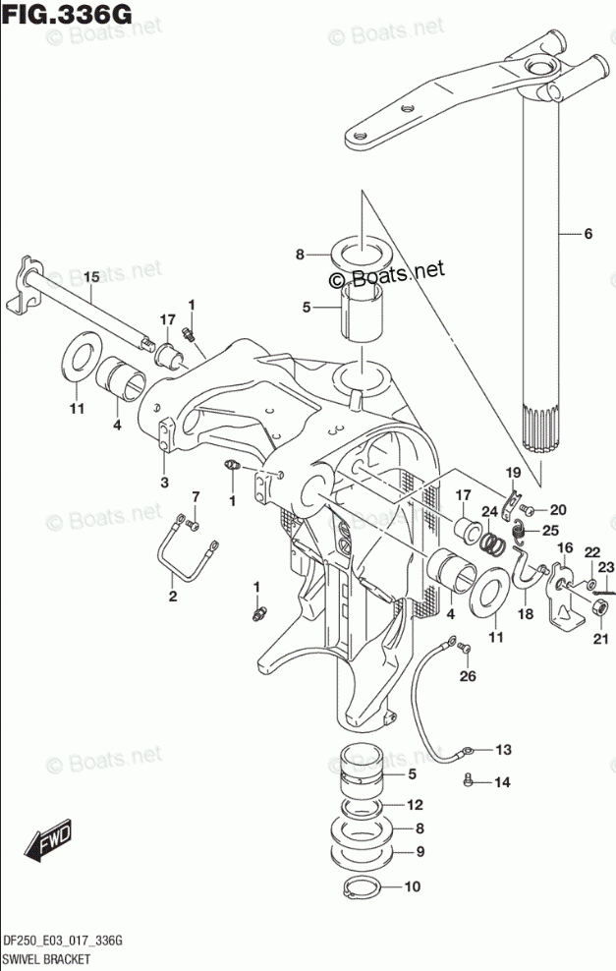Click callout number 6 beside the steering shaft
588,234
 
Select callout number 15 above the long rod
90,278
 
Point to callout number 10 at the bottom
412,886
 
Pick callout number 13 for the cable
503,751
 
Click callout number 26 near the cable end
467,675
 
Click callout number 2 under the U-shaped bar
172,597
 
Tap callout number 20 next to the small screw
558,509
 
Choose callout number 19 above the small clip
512,476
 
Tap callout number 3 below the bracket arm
164,483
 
